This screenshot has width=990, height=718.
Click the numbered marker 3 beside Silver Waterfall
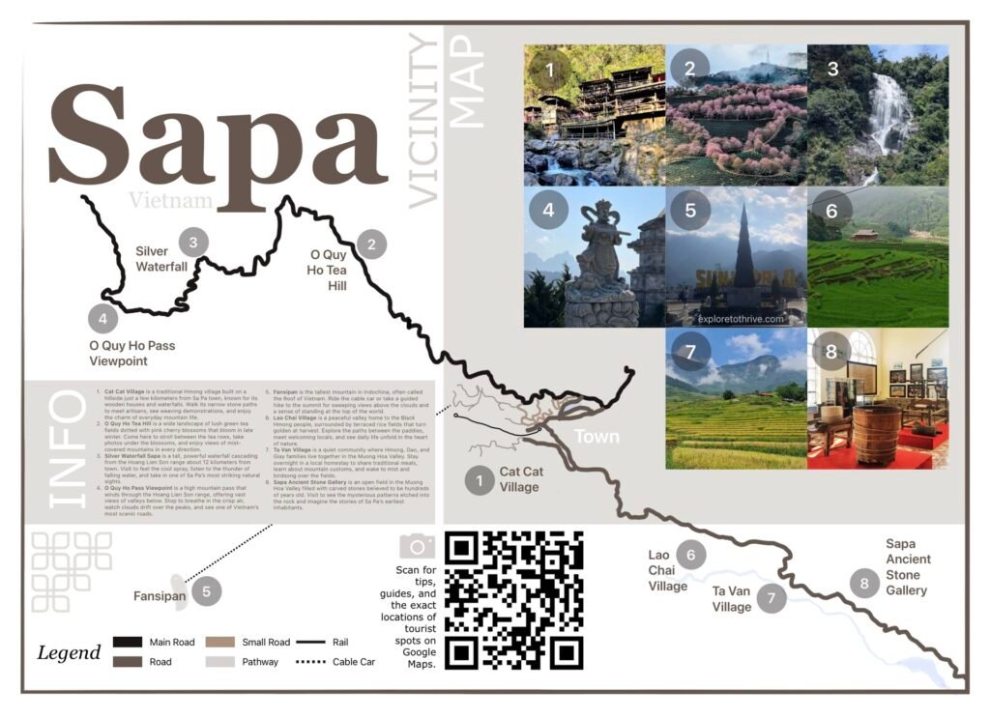pos(194,243)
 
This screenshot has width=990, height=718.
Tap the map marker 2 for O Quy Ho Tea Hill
pos(370,244)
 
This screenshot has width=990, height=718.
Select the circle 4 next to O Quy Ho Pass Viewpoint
pos(102,318)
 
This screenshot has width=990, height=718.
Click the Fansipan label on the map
pos(159,596)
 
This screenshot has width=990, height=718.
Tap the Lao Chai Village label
pos(668,570)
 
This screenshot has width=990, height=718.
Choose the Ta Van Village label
pos(732,599)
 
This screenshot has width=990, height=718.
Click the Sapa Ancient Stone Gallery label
pos(908,567)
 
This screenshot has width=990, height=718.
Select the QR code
pos(513,600)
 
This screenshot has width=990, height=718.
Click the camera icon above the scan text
pos(418,546)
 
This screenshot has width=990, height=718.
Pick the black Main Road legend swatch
pos(128,642)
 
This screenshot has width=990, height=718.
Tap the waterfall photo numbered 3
pos(878,115)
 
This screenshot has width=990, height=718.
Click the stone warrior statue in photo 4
pos(589,262)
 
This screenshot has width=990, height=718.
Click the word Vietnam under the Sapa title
pos(169,201)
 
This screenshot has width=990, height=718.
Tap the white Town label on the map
pos(597,437)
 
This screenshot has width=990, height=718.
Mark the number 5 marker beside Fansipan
pos(206,590)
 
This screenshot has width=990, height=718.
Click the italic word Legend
pos(69,652)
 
